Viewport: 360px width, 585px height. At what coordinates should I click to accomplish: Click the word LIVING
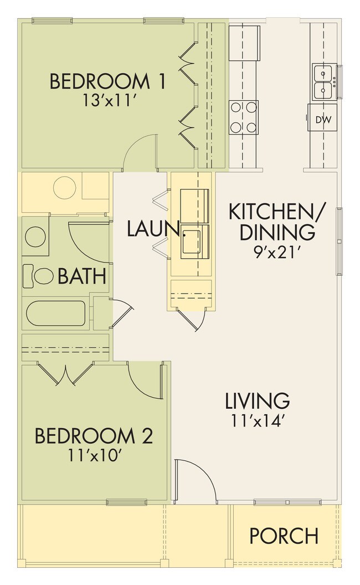pos(257,400)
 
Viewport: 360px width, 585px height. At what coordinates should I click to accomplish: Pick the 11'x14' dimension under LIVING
pos(257,420)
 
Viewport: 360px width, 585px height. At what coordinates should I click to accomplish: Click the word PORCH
pos(284,536)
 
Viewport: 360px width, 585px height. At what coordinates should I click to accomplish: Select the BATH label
pos(81,275)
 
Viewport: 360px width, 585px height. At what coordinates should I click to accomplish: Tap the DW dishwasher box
pos(322,119)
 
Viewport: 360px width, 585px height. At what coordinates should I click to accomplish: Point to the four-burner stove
pos(244,117)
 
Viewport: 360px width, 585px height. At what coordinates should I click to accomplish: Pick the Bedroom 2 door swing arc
pos(145,380)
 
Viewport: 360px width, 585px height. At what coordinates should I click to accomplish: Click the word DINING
pos(277,232)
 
